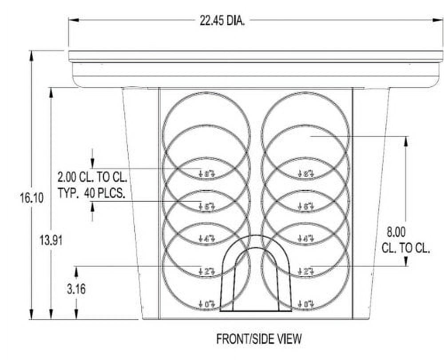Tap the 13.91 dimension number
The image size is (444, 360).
tap(52, 240)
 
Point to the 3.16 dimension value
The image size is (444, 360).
tap(76, 289)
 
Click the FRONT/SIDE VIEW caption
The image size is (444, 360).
tap(259, 339)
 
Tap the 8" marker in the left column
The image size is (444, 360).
tap(207, 173)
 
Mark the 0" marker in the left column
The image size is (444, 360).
tap(207, 304)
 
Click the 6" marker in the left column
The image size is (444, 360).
tap(207, 206)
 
